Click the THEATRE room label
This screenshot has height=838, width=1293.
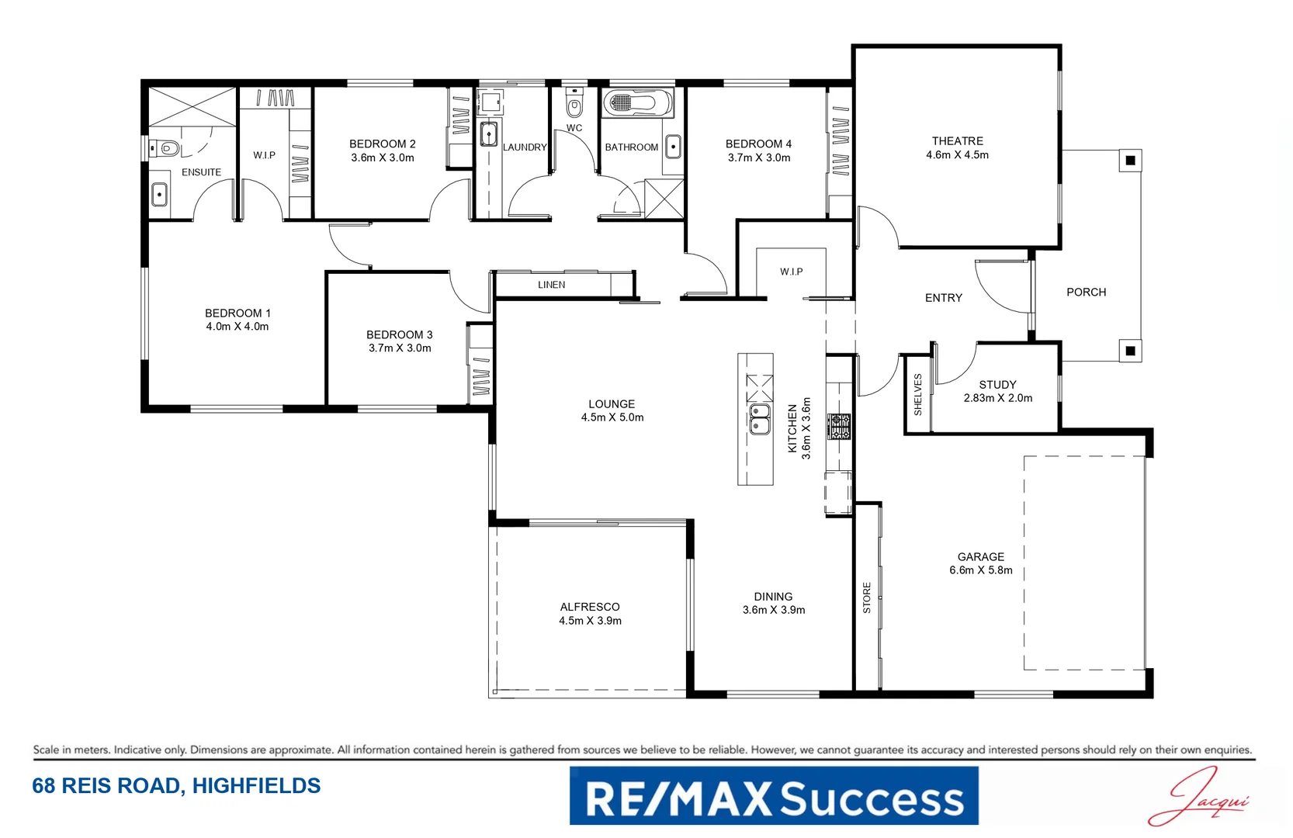click(957, 141)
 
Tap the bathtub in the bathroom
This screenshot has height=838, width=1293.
click(637, 102)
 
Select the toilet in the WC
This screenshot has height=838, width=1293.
click(574, 106)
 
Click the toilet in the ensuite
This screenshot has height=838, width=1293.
click(166, 147)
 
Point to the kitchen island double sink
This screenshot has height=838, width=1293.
click(759, 418)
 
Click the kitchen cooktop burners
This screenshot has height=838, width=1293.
click(839, 427)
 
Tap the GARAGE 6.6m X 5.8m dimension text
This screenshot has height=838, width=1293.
click(980, 570)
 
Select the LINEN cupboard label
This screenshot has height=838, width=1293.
click(551, 285)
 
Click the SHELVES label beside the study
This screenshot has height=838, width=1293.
click(917, 394)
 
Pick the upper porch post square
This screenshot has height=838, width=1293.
click(1130, 161)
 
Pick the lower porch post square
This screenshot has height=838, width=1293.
click(1130, 351)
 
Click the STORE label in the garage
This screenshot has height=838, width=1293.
click(867, 598)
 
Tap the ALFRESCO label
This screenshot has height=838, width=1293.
click(590, 607)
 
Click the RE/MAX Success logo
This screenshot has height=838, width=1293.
click(774, 796)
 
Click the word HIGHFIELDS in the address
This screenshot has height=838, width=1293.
click(256, 786)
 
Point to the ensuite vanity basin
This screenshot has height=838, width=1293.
click(159, 194)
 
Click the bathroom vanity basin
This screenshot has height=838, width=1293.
click(673, 147)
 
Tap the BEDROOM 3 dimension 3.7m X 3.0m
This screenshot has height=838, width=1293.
click(400, 348)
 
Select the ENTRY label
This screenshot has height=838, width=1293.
click(943, 298)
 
